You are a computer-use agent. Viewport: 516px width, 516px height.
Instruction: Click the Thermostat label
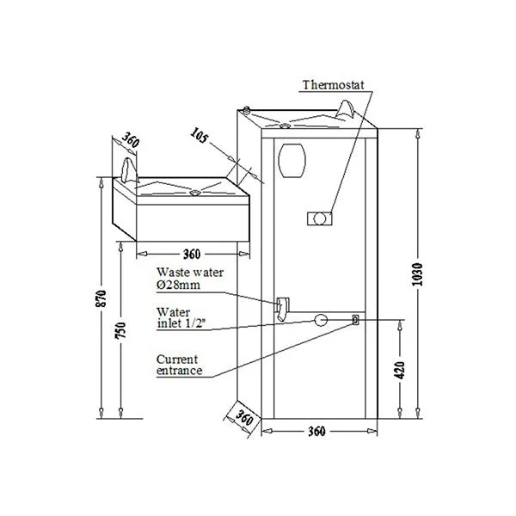click(x=334, y=85)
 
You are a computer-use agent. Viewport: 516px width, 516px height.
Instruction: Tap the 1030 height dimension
click(x=417, y=274)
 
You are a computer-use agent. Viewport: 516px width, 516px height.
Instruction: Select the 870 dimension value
click(x=101, y=298)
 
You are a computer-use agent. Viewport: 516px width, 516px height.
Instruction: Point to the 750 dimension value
click(x=120, y=330)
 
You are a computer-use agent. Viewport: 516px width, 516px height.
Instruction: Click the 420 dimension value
click(x=400, y=370)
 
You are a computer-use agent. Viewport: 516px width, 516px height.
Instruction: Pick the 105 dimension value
click(x=200, y=135)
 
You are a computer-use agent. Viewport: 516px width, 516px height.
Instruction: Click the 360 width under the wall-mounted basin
click(x=192, y=254)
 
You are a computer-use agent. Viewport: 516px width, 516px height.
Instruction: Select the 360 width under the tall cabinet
click(x=316, y=431)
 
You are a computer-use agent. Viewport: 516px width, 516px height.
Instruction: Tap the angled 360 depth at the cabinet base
click(x=244, y=418)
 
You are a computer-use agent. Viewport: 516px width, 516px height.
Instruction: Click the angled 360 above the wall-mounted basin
click(x=131, y=140)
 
